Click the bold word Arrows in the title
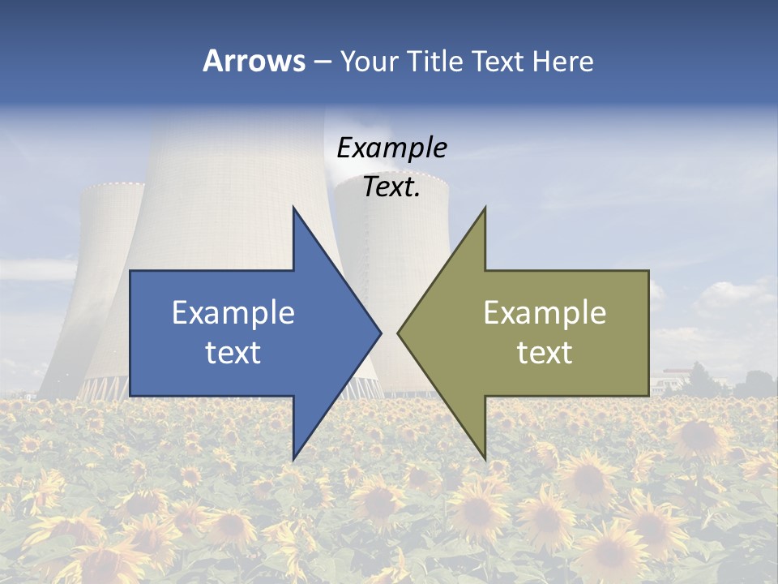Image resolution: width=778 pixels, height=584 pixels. (254, 61)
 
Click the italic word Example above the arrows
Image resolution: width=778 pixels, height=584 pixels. (391, 148)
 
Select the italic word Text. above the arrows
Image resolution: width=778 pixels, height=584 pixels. (391, 187)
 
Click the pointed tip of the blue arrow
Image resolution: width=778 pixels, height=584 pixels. (380, 333)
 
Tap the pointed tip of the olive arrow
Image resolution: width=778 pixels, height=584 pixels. (398, 333)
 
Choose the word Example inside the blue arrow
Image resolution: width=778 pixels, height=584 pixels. (233, 312)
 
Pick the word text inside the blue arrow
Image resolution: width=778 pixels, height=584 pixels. (233, 352)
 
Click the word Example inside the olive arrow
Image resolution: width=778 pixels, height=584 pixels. (545, 312)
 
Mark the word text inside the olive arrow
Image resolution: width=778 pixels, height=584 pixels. (545, 352)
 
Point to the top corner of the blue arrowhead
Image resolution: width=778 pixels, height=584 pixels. (293, 208)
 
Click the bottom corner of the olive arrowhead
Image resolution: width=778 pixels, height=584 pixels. (485, 459)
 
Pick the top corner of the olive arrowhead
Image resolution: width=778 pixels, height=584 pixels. (485, 208)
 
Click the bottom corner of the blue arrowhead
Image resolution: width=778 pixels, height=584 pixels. (293, 459)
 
